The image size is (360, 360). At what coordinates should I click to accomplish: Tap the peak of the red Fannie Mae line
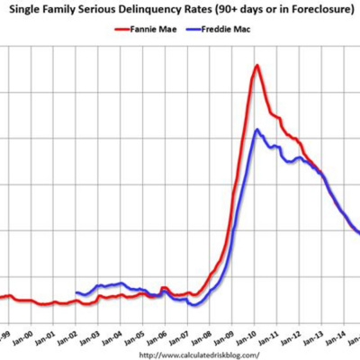click(257, 65)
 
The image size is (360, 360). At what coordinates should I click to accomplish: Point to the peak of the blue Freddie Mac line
click(257, 130)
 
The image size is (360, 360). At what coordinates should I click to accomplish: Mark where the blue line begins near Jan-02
click(76, 293)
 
